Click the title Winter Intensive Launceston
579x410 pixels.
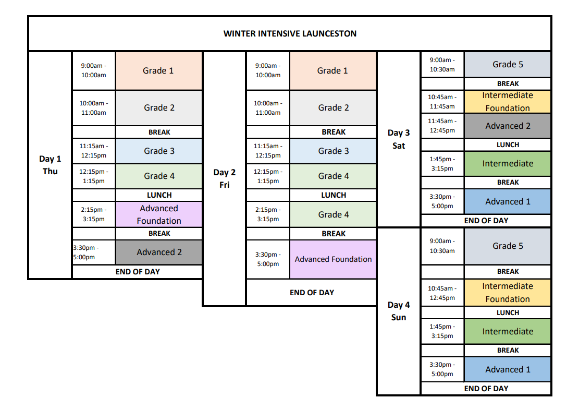point(290,33)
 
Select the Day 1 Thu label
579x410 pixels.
point(50,165)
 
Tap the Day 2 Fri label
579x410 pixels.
point(225,178)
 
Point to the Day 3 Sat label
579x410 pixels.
point(399,139)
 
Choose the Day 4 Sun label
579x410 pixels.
point(399,311)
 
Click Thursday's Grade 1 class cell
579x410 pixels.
point(159,70)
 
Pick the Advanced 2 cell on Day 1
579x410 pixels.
point(159,252)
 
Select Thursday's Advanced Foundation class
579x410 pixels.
point(159,214)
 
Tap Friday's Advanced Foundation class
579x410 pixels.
point(333,259)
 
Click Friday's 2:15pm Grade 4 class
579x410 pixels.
point(333,214)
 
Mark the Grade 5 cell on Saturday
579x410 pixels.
point(508,64)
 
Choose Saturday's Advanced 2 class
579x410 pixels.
point(508,126)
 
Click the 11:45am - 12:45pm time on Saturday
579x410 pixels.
point(442,126)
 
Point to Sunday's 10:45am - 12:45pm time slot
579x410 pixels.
point(442,293)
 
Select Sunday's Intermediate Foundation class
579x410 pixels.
point(508,293)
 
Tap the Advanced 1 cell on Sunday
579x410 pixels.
point(508,369)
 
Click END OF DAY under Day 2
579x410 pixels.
point(312,293)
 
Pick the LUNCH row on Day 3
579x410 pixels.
point(508,144)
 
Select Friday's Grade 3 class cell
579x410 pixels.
point(333,151)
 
